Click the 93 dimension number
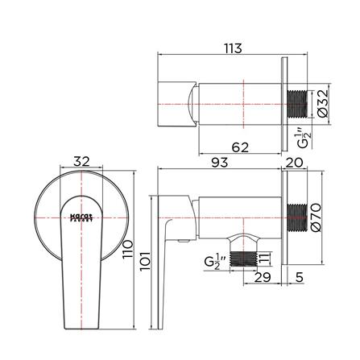[218, 162]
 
